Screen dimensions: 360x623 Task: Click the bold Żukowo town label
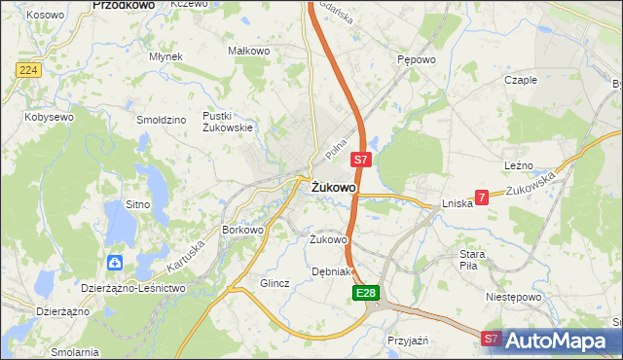[x=333, y=187]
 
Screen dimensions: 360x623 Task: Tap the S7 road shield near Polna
[x=360, y=159]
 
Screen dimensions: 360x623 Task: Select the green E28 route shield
[x=365, y=292]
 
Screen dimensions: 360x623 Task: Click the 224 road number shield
[x=27, y=70]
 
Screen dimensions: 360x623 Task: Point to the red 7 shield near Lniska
[x=482, y=196]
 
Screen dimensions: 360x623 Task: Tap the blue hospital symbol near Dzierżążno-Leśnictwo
[x=116, y=262]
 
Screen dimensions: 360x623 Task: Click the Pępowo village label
[x=416, y=58]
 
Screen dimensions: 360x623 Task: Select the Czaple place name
[x=521, y=80]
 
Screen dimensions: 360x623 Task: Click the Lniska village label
[x=457, y=204]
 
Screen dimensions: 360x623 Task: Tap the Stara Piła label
[x=478, y=259]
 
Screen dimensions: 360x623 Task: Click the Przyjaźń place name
[x=409, y=341]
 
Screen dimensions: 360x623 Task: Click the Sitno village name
[x=137, y=204]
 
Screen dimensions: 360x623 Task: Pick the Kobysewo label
[x=50, y=117]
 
